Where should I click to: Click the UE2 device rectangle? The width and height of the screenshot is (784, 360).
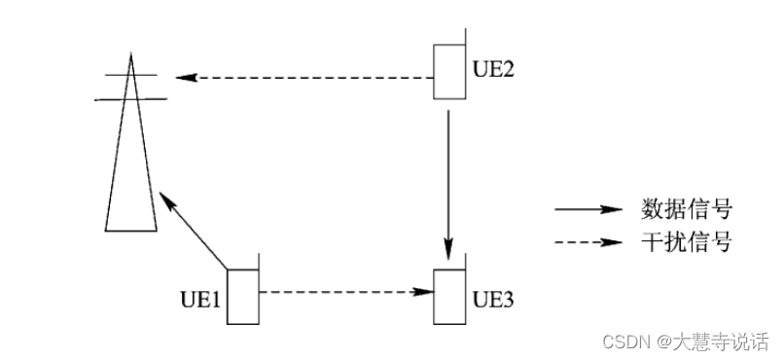point(448,73)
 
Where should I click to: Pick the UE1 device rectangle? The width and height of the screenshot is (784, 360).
point(243,296)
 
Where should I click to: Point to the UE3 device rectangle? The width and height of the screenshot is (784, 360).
point(449,295)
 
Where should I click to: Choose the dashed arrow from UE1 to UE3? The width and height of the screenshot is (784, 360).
point(345,290)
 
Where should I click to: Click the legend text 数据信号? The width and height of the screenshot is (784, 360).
point(686,209)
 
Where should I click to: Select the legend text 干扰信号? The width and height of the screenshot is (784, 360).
point(686,242)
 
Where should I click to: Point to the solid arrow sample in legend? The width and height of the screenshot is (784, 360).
point(588,209)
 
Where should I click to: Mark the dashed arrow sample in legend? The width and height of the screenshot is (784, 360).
point(588,243)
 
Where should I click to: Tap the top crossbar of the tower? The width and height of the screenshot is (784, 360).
point(129,75)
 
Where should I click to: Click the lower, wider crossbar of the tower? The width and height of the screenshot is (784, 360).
point(129,98)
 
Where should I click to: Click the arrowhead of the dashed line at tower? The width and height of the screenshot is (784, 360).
point(183,76)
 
